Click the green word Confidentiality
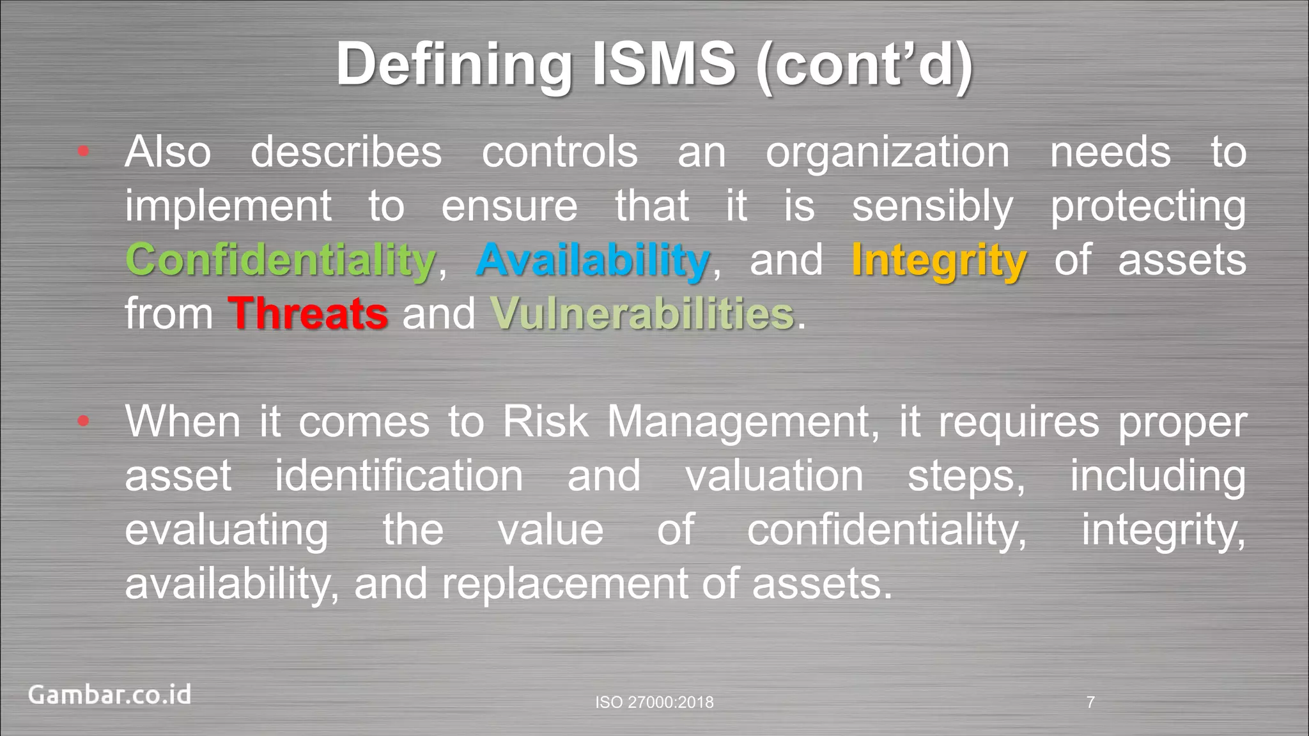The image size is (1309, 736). [281, 261]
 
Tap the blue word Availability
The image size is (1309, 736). [592, 261]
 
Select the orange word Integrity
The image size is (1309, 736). [939, 261]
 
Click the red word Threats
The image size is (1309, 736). [308, 314]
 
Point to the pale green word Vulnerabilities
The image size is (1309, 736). [642, 314]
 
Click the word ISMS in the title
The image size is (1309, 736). [664, 64]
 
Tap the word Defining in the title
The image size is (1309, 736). [454, 64]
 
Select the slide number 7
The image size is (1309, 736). [1090, 702]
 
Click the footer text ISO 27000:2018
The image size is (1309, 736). [654, 702]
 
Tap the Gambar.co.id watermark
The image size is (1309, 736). [109, 694]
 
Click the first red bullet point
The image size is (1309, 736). [83, 151]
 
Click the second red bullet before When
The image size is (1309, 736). [83, 421]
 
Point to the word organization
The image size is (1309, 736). [888, 153]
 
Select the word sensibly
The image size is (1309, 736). [933, 207]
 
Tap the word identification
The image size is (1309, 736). [399, 476]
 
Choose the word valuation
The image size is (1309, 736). [774, 476]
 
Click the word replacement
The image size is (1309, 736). [564, 584]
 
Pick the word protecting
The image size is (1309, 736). [1148, 207]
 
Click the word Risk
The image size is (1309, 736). [545, 422]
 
